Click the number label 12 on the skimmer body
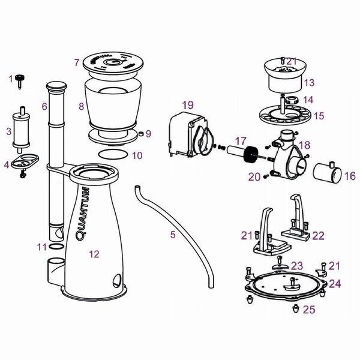[94, 254]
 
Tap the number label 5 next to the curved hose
[173, 235]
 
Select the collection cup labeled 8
[112, 106]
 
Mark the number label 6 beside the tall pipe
[44, 106]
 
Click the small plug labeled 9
[140, 133]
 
